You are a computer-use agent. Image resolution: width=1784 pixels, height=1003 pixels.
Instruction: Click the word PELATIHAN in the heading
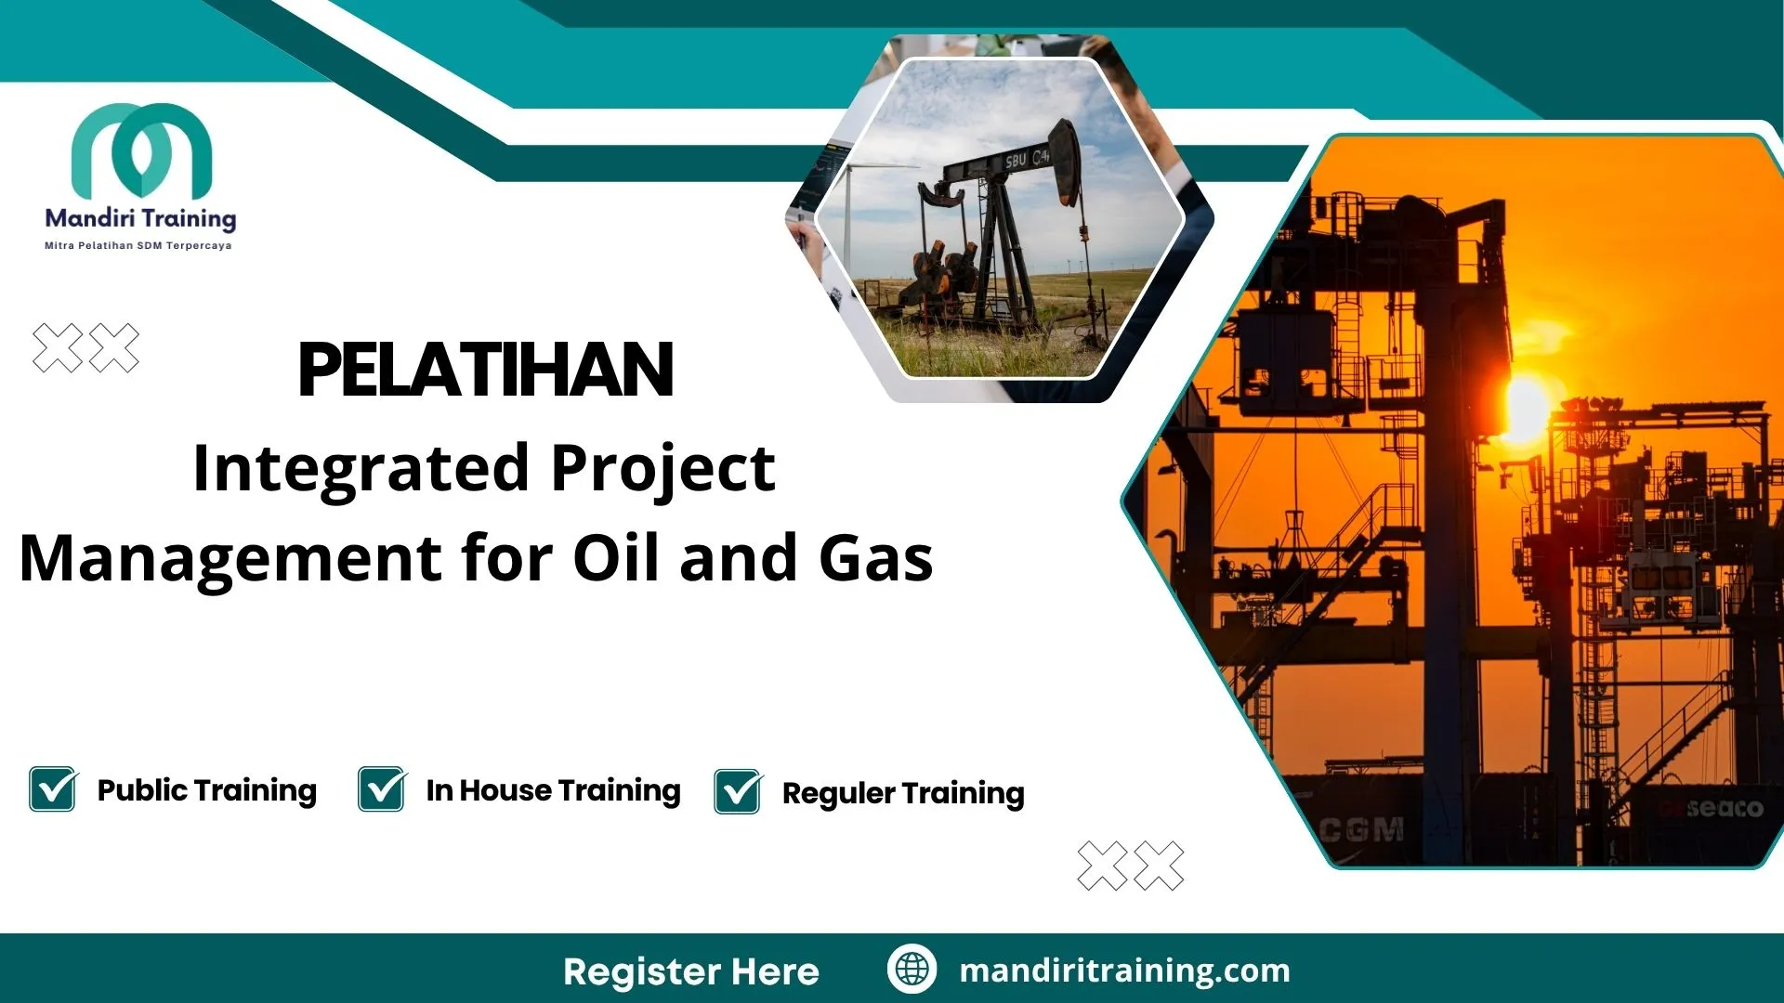(x=485, y=370)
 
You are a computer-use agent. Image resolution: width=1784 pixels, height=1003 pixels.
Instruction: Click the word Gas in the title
(x=875, y=558)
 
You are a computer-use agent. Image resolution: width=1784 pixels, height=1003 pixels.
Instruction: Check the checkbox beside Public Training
(x=53, y=789)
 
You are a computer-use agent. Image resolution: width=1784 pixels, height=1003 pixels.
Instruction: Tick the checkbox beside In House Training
(x=382, y=789)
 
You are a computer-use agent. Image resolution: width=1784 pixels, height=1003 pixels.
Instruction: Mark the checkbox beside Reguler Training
(x=738, y=792)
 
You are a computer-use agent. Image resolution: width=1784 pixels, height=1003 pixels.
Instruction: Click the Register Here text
(x=691, y=971)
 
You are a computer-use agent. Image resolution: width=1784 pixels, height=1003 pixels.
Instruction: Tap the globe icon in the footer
(x=912, y=970)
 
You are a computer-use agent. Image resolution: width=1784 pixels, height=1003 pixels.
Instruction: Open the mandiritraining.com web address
(x=1124, y=970)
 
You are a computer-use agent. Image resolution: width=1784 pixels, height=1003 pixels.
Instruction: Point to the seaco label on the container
(x=1724, y=808)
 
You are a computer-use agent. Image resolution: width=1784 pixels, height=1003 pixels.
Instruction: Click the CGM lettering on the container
(x=1362, y=828)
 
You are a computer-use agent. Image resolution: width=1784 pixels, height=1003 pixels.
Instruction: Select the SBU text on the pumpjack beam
(x=1016, y=161)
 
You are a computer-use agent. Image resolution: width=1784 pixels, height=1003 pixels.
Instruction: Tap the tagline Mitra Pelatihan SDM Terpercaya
(x=138, y=246)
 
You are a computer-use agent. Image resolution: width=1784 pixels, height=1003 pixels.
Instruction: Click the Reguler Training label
(x=903, y=793)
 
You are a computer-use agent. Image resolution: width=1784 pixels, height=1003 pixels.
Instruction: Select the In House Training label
(x=553, y=790)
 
